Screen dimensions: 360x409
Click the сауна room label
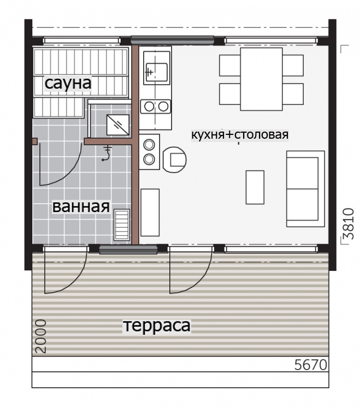pyautogui.click(x=68, y=83)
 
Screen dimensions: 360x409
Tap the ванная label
pyautogui.click(x=81, y=206)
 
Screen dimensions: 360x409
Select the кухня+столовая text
pyautogui.click(x=240, y=135)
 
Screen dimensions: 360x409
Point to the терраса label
pyautogui.click(x=157, y=325)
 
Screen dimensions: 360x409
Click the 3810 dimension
pyautogui.click(x=349, y=223)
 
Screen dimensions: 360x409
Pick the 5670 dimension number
pyautogui.click(x=311, y=365)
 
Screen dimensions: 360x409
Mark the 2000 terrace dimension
pyautogui.click(x=40, y=336)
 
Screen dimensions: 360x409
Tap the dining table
pyautogui.click(x=261, y=79)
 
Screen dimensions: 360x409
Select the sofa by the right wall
pyautogui.click(x=305, y=189)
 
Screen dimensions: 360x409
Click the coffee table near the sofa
pyautogui.click(x=255, y=187)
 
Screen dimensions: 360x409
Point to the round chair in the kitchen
pyautogui.click(x=174, y=159)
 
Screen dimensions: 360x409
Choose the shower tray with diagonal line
pyautogui.click(x=118, y=125)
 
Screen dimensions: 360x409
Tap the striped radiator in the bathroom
pyautogui.click(x=122, y=225)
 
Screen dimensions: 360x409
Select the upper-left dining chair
pyautogui.click(x=230, y=65)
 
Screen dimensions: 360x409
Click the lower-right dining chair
pyautogui.click(x=293, y=94)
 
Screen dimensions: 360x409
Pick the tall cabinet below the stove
pyautogui.click(x=150, y=212)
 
